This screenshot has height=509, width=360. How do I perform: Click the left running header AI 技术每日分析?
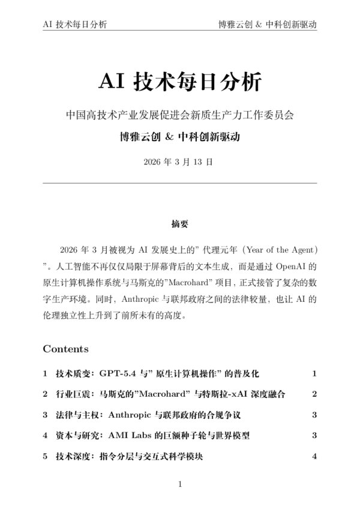coord(76,25)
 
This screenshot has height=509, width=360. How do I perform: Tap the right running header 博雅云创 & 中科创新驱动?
coord(267,25)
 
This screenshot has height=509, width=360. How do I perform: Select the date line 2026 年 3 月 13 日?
coord(179,162)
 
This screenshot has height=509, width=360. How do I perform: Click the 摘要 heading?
coord(179,224)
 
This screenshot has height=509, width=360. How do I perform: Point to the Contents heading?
coord(65,349)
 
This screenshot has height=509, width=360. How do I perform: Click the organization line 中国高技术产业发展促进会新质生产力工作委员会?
coord(179,113)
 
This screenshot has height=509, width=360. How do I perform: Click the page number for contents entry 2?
coord(314,394)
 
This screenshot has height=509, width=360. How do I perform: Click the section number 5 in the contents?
coord(45,457)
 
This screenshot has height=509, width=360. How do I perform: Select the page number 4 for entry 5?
coord(314,457)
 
